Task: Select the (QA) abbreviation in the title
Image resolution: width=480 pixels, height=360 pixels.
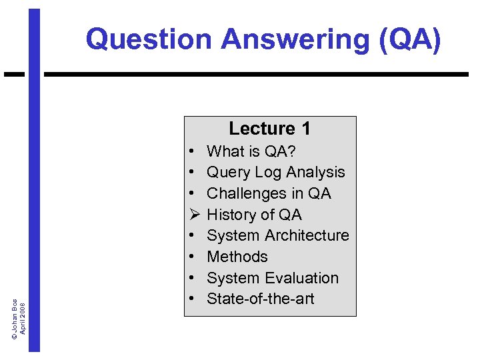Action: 408,39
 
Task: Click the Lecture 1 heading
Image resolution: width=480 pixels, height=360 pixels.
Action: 269,128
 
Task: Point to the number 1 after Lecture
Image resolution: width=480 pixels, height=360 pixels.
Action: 305,128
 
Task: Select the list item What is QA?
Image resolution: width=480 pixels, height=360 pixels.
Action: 251,151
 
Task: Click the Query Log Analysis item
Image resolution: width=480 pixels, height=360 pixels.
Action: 275,172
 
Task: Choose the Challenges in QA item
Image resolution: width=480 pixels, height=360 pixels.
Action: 269,193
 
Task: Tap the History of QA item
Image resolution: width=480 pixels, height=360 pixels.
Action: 254,215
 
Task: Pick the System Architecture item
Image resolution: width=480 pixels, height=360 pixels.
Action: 277,235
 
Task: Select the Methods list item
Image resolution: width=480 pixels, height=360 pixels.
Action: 237,257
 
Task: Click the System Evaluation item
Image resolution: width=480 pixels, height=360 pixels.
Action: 273,278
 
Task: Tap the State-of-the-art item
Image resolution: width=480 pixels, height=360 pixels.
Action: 260,299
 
